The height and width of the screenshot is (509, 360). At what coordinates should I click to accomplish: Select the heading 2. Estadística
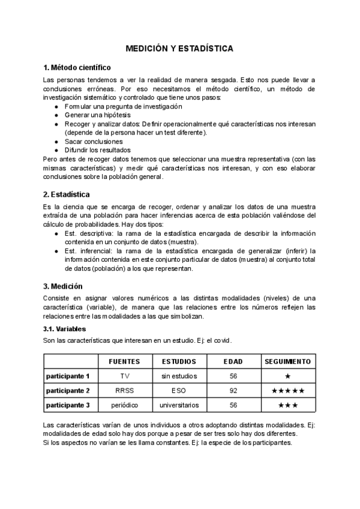[x=67, y=194]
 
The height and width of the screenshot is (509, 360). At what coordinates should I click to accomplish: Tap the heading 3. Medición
[x=63, y=286]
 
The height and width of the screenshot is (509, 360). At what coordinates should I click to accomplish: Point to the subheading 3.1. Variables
[x=65, y=329]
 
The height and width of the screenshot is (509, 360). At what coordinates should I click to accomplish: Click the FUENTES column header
[x=124, y=361]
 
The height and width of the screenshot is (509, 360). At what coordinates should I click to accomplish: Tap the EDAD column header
[x=233, y=361]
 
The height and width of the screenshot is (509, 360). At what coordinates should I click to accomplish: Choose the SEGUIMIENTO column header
[x=288, y=361]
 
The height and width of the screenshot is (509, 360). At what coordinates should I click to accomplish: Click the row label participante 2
[x=68, y=390]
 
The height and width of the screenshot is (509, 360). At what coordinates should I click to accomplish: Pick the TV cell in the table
[x=125, y=376]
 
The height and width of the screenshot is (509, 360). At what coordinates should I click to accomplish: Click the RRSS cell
[x=125, y=390]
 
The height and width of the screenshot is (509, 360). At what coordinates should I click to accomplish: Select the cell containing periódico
[x=125, y=405]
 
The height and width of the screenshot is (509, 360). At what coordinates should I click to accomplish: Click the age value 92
[x=233, y=390]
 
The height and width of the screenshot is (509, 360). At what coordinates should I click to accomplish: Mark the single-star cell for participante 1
[x=288, y=376]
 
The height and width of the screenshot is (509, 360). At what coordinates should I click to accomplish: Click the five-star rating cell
[x=288, y=390]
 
